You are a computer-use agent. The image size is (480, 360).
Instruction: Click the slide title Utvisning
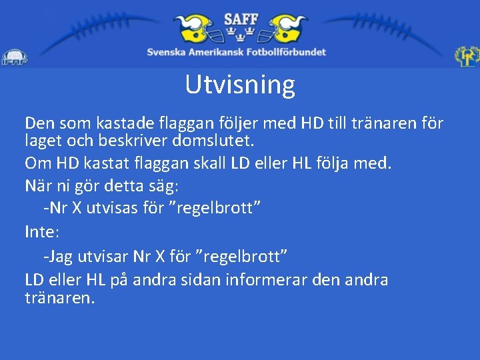click(x=240, y=85)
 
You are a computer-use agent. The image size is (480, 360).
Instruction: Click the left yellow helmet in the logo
click(x=194, y=29)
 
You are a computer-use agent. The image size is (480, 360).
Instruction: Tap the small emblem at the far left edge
click(x=13, y=58)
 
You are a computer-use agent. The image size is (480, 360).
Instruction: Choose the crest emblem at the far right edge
click(x=467, y=57)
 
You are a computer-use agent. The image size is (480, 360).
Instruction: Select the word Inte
click(x=41, y=232)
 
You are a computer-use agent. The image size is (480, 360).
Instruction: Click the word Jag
click(x=59, y=256)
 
